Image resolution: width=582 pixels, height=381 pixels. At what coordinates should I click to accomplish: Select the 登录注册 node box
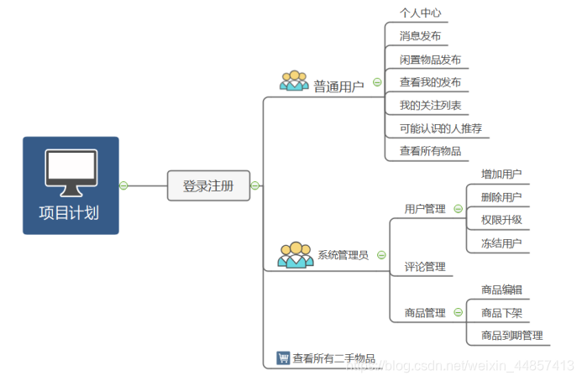click(208, 186)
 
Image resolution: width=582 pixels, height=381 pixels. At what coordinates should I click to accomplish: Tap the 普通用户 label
click(338, 86)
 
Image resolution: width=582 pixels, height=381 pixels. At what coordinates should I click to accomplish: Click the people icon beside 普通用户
click(295, 81)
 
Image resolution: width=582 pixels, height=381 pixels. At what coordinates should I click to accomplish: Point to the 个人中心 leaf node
click(420, 13)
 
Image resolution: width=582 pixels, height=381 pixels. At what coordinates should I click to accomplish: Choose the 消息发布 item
click(420, 36)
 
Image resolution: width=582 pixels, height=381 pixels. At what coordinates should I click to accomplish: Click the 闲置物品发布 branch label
click(430, 60)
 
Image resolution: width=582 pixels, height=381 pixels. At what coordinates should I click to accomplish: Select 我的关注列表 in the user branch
click(428, 106)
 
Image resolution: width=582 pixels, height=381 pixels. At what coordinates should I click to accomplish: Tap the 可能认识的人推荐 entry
click(440, 128)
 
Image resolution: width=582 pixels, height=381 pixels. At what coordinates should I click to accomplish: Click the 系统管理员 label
click(343, 255)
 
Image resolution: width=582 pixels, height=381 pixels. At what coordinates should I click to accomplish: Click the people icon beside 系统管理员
click(296, 254)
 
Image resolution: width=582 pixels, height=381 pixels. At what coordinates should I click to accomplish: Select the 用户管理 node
click(425, 209)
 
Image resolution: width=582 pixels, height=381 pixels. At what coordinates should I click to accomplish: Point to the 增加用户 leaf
click(501, 175)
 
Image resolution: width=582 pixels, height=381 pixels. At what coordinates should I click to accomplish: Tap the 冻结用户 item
click(501, 243)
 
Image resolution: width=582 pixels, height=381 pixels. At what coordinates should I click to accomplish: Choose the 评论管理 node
click(425, 267)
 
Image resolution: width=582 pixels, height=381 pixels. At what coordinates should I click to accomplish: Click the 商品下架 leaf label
click(501, 313)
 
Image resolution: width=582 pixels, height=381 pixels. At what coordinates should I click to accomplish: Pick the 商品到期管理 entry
click(512, 336)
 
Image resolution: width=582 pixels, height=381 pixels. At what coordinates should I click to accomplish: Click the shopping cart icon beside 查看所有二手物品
click(283, 358)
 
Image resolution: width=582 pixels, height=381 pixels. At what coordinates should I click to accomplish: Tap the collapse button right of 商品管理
click(458, 313)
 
